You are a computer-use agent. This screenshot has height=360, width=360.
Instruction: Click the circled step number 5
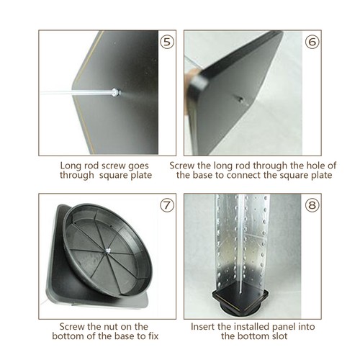[x=167, y=42]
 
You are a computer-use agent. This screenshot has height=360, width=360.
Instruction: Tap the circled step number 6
[x=312, y=42]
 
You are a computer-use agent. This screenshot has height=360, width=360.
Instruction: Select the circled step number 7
[x=167, y=205]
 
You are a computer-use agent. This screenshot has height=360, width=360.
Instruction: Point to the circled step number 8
[x=312, y=205]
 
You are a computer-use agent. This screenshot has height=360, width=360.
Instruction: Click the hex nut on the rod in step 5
[x=116, y=92]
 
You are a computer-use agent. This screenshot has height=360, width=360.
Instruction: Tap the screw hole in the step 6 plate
[x=240, y=99]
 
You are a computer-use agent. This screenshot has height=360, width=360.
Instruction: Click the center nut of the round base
[x=108, y=251]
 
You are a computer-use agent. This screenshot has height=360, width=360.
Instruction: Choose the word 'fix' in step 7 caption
[x=153, y=336]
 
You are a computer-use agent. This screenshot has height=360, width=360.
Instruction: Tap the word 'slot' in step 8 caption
[x=279, y=336]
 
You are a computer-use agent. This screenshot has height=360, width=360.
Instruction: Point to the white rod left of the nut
[x=76, y=93]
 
